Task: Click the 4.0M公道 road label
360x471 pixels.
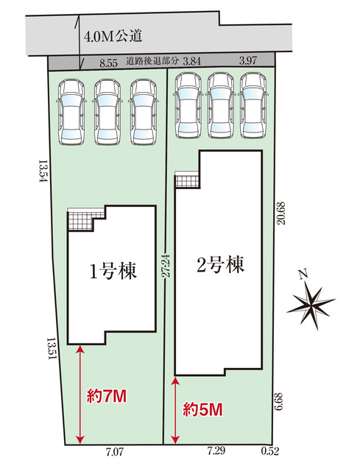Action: click(x=113, y=37)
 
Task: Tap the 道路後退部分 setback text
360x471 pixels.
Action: click(x=152, y=61)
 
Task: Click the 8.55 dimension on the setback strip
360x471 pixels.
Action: click(x=108, y=63)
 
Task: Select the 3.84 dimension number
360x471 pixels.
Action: click(x=191, y=61)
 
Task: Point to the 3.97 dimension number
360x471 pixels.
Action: click(x=248, y=60)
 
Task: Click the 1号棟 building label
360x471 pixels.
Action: click(x=113, y=271)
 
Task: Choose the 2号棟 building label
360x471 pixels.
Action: click(x=220, y=264)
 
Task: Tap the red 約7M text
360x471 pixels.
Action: click(x=107, y=396)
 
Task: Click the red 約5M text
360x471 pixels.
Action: click(x=203, y=409)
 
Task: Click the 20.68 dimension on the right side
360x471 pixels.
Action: click(x=281, y=213)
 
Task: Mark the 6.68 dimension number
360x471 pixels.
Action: click(x=279, y=402)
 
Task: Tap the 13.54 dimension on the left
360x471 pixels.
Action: click(x=43, y=171)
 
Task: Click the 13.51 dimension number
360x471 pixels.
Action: click(x=52, y=349)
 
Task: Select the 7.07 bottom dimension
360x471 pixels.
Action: click(x=115, y=452)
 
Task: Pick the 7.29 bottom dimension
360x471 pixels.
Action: click(x=216, y=451)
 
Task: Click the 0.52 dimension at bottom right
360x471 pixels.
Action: click(x=270, y=451)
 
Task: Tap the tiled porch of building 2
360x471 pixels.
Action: click(x=187, y=180)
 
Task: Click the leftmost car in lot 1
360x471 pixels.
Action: click(x=71, y=112)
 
